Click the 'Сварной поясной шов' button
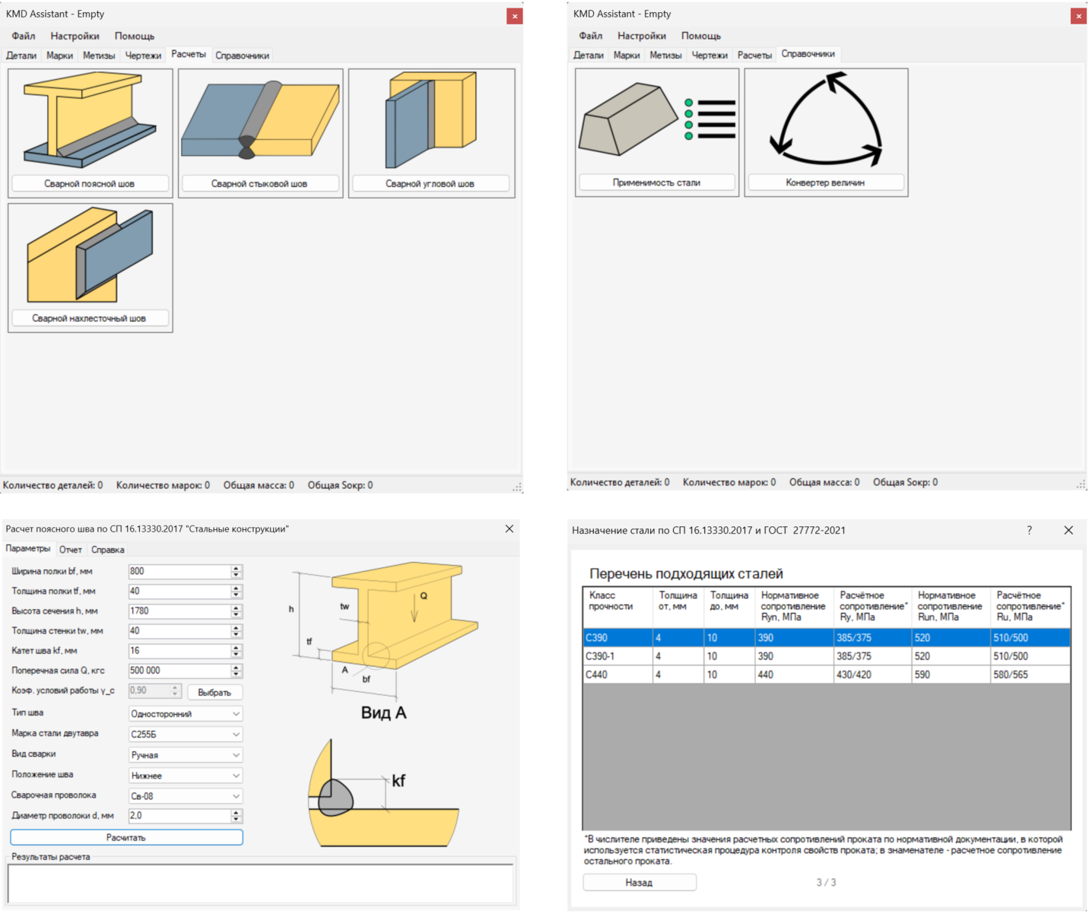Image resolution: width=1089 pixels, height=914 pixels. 90,183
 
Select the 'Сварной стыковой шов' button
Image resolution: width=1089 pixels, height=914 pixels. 260,183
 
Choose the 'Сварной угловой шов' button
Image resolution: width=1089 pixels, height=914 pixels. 430,183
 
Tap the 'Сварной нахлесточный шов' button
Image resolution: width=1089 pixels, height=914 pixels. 90,319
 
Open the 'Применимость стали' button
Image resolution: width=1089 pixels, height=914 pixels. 656,182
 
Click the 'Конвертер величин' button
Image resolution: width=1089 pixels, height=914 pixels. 826,182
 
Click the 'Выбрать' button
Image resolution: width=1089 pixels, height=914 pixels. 214,692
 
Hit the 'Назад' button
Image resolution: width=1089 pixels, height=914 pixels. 640,882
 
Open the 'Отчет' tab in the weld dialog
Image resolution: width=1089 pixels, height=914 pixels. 71,550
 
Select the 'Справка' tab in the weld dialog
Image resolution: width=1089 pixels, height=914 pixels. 107,550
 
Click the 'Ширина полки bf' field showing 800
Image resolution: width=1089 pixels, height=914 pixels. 179,571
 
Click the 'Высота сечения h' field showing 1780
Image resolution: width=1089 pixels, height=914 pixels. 179,611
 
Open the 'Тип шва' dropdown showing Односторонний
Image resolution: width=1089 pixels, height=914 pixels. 186,714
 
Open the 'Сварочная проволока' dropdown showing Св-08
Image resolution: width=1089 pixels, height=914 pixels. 186,796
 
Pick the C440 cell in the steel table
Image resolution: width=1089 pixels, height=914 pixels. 618,674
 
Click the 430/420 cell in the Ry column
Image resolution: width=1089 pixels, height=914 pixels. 872,674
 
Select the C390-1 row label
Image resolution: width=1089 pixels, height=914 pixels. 618,656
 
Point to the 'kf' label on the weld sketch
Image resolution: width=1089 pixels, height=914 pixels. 398,780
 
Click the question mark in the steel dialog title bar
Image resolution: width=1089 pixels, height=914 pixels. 1029,530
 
